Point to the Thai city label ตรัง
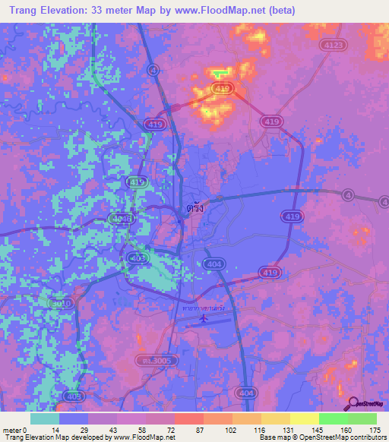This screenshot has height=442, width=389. pyautogui.click(x=195, y=207)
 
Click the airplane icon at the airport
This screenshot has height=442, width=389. pyautogui.click(x=203, y=319)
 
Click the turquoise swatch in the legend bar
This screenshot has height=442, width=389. pyautogui.click(x=45, y=418)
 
